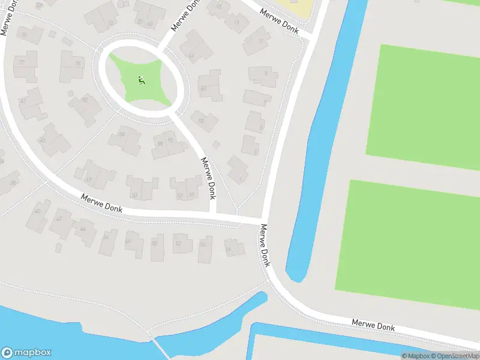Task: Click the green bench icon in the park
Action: click(x=142, y=80)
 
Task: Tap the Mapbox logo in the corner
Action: click(x=26, y=353)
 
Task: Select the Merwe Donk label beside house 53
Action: click(x=208, y=178)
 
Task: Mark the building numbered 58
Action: click(x=206, y=244)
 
